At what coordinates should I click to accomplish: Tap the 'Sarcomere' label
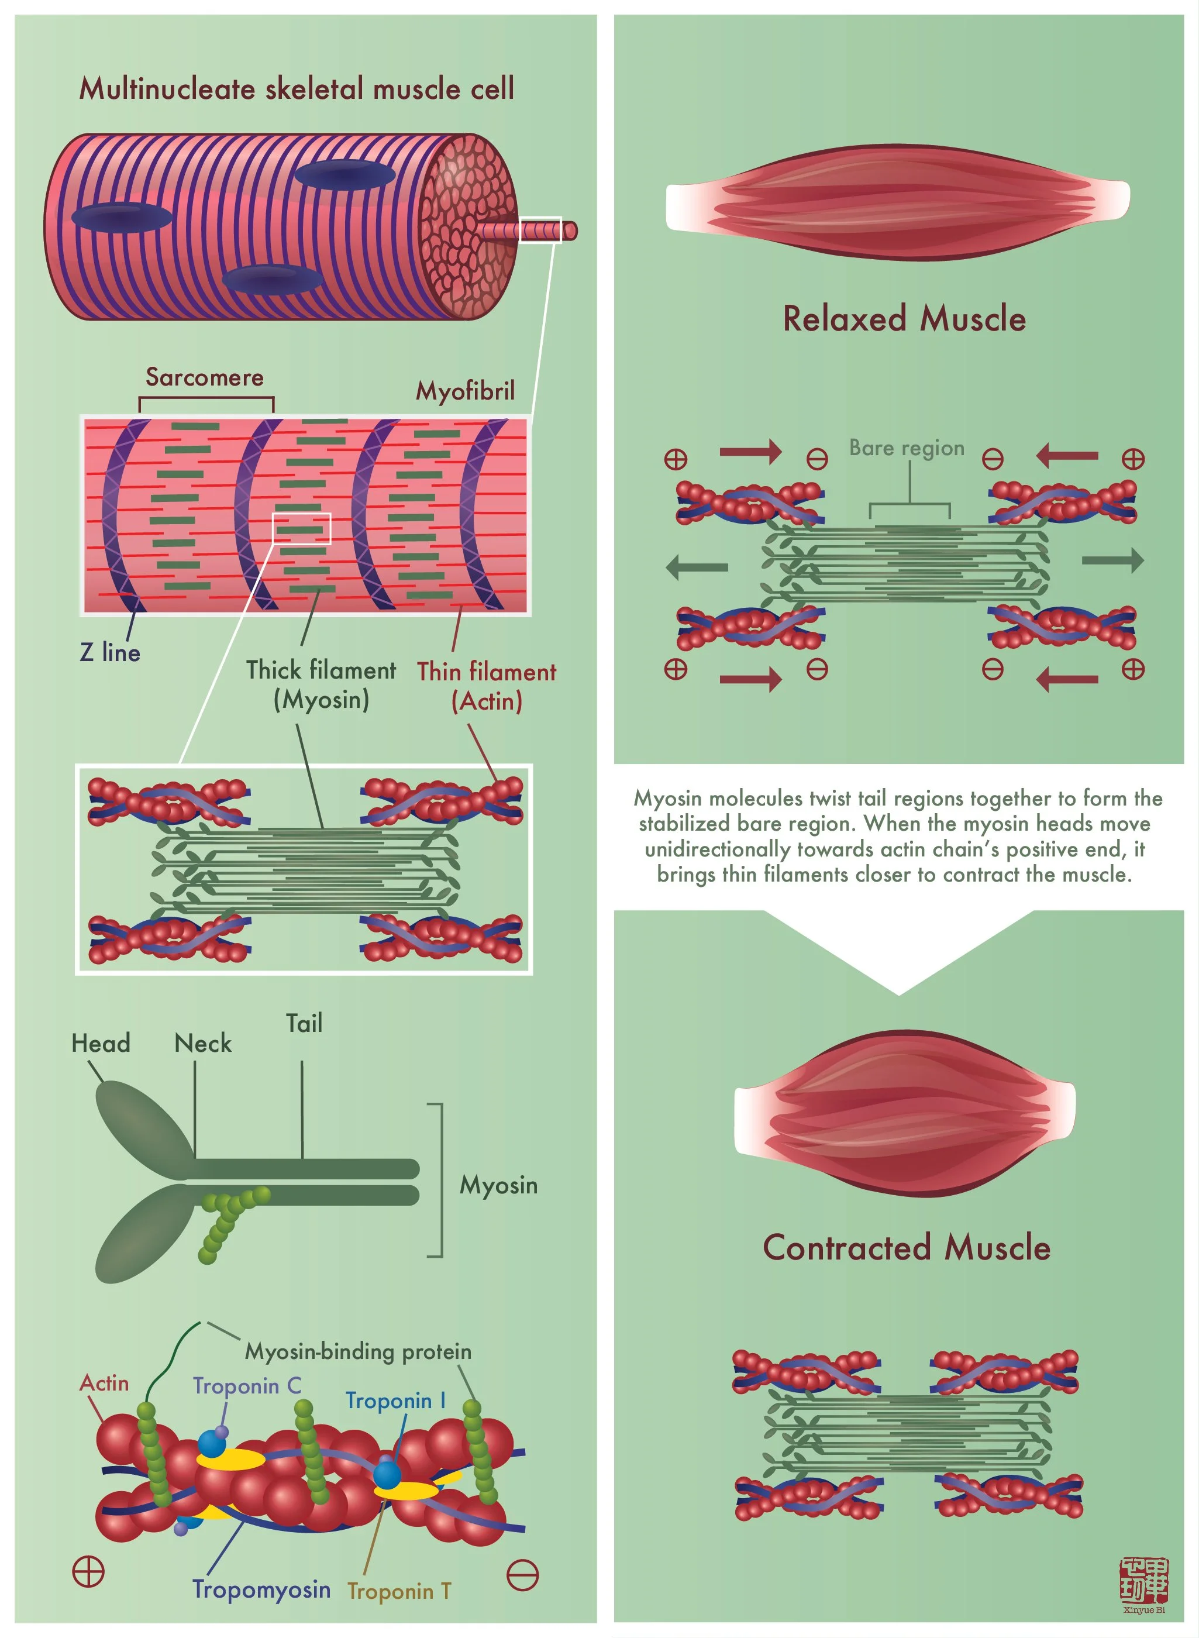coord(205,377)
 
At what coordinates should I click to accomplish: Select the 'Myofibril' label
coord(464,391)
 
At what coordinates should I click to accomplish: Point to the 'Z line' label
coord(109,652)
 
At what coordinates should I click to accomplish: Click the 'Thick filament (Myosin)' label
coord(321,684)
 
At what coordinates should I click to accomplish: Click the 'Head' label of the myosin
coord(101,1043)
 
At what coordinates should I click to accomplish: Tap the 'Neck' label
coord(202,1043)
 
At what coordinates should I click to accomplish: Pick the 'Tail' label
coord(304,1023)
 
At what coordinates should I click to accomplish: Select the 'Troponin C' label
coord(247,1385)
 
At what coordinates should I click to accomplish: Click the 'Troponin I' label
coord(395,1400)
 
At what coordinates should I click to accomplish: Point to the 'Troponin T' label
coord(399,1591)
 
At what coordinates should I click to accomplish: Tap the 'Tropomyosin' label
coord(261,1589)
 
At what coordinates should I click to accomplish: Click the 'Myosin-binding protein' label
coord(359,1351)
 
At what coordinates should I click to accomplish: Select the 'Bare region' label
coord(907,448)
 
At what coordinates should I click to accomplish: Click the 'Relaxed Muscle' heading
coord(904,319)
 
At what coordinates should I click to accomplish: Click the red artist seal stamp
coord(1144,1580)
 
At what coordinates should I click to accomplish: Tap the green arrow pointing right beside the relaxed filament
coord(1112,560)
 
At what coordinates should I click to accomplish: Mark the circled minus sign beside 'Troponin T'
coord(522,1575)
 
